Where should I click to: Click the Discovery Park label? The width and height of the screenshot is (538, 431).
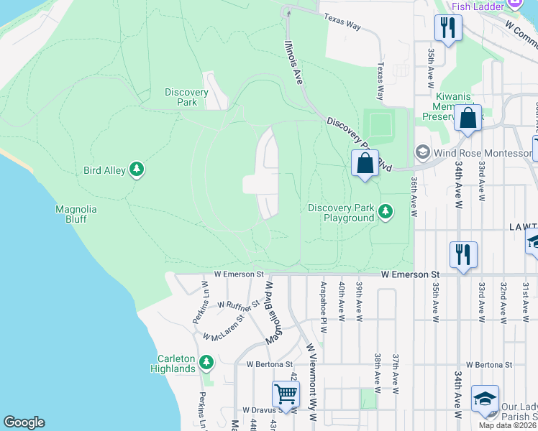point(186,97)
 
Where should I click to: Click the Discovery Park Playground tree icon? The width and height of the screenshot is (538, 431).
point(386,210)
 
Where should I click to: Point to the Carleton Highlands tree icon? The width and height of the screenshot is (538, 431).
point(207,361)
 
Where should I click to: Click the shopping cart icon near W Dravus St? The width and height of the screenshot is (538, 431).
point(286,394)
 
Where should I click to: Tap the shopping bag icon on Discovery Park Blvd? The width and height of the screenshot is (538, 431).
point(365,163)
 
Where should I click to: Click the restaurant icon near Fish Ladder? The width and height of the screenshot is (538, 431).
point(448,27)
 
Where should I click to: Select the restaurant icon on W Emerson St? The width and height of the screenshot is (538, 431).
point(460,254)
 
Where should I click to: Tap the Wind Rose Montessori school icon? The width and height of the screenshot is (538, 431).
point(422,152)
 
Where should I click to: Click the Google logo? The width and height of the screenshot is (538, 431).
point(24,422)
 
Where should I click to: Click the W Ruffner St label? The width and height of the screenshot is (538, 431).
point(237,307)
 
